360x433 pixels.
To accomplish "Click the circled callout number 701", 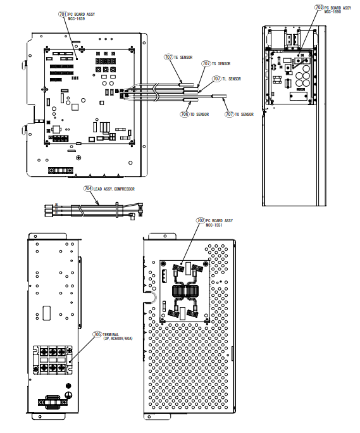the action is pyautogui.click(x=63, y=14).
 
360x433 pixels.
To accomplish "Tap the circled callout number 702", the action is pyautogui.click(x=201, y=220).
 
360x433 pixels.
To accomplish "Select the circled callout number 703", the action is pyautogui.click(x=319, y=8).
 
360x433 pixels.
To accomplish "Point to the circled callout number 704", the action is pyautogui.click(x=88, y=189).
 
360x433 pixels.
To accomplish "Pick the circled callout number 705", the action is pyautogui.click(x=97, y=334).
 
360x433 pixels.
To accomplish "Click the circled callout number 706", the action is pyautogui.click(x=185, y=114).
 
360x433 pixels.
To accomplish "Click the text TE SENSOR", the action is pyautogui.click(x=183, y=57).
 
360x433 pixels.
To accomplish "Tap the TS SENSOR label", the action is pyautogui.click(x=221, y=63).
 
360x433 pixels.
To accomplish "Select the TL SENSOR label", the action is pyautogui.click(x=232, y=78).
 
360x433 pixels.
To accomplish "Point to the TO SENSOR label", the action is pyautogui.click(x=244, y=114).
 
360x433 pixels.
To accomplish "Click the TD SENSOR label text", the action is pyautogui.click(x=199, y=114).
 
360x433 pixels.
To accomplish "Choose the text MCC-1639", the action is pyautogui.click(x=77, y=19).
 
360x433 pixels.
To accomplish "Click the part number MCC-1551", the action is pyautogui.click(x=214, y=225).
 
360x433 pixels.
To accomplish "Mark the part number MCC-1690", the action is pyautogui.click(x=332, y=12).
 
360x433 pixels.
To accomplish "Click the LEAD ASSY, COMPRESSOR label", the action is pyautogui.click(x=114, y=189).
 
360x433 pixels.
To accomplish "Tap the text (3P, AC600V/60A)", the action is pyautogui.click(x=118, y=339).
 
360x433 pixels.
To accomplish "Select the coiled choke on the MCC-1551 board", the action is pyautogui.click(x=185, y=291).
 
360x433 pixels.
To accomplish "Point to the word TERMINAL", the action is pyautogui.click(x=111, y=334).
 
